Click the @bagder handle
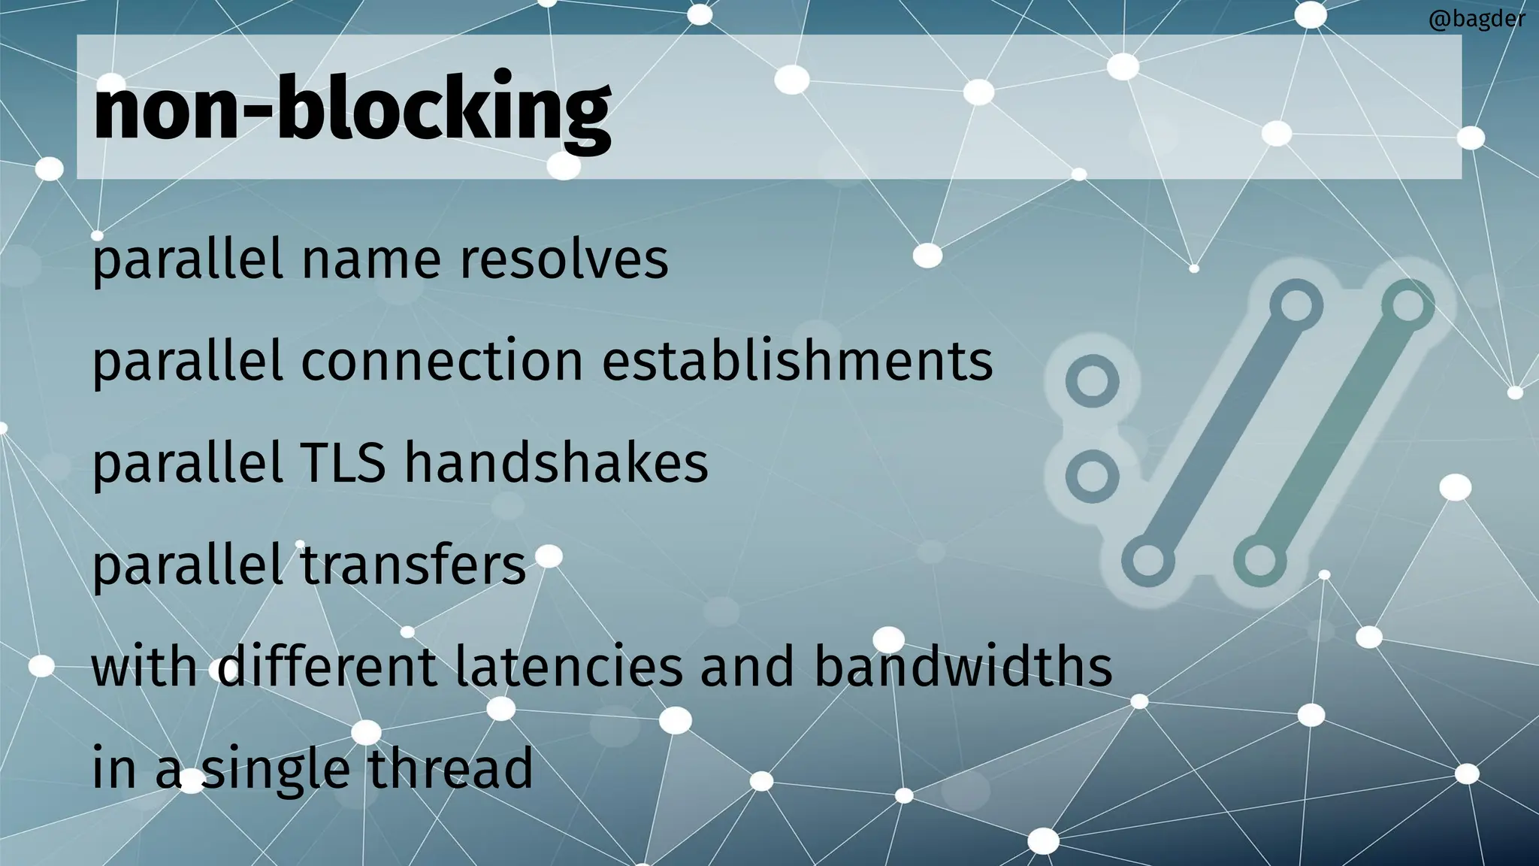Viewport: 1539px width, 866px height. (1477, 19)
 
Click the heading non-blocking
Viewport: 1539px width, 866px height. (352, 109)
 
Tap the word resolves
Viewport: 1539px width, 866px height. (564, 259)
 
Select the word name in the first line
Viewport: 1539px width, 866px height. (371, 259)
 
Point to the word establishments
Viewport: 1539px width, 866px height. (797, 361)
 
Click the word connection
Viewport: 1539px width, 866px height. (442, 361)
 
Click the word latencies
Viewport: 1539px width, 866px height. (569, 667)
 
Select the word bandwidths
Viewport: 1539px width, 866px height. (963, 667)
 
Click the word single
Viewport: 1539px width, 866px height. (276, 769)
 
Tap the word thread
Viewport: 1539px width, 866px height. (450, 768)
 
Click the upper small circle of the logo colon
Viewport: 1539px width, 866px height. (1092, 381)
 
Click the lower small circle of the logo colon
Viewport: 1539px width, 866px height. (1092, 477)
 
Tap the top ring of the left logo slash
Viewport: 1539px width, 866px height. (1296, 305)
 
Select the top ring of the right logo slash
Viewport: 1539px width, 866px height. (1407, 305)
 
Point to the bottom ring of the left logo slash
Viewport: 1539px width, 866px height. (1147, 561)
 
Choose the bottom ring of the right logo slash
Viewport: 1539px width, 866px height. (1259, 561)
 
